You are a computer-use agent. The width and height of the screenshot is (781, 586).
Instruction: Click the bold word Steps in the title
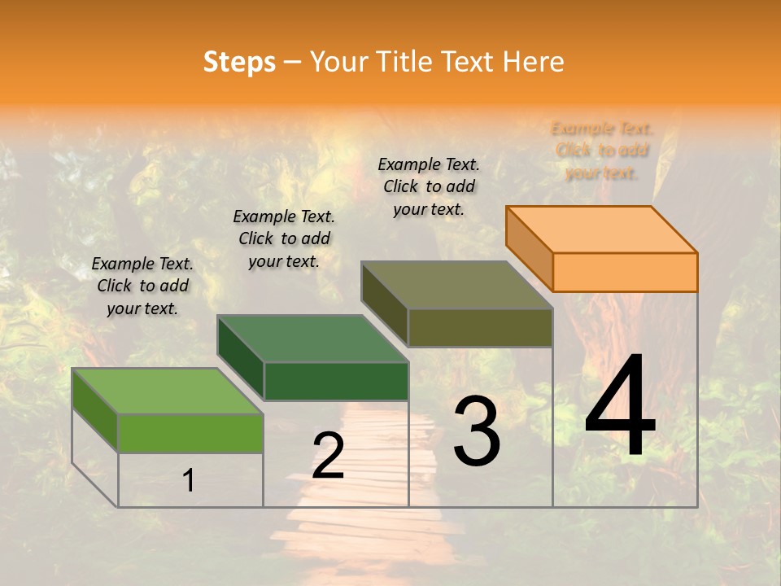(x=239, y=62)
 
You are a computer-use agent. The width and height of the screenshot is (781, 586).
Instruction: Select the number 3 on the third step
(x=477, y=431)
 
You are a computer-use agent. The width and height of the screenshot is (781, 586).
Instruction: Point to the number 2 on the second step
(x=328, y=456)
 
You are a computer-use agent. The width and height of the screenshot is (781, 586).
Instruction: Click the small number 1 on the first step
(x=189, y=480)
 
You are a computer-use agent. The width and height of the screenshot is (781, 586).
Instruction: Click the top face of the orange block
(x=602, y=229)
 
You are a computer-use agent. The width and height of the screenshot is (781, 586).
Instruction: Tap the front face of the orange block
(x=625, y=272)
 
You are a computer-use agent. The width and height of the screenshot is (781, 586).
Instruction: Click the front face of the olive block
(x=480, y=327)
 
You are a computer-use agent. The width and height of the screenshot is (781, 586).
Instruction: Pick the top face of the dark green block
(x=312, y=339)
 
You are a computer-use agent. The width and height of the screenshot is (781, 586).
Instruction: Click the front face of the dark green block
(x=336, y=381)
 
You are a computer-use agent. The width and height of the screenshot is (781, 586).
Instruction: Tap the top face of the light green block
(x=168, y=391)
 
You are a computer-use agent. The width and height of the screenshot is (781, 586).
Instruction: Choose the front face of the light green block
(x=190, y=433)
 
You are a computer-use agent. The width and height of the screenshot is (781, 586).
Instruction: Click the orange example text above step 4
(x=602, y=151)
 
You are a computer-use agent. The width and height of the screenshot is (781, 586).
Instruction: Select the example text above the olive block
(x=429, y=186)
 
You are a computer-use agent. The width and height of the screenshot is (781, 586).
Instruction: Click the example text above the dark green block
(x=284, y=238)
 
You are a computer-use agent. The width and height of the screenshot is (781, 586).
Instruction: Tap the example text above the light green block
(x=142, y=286)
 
